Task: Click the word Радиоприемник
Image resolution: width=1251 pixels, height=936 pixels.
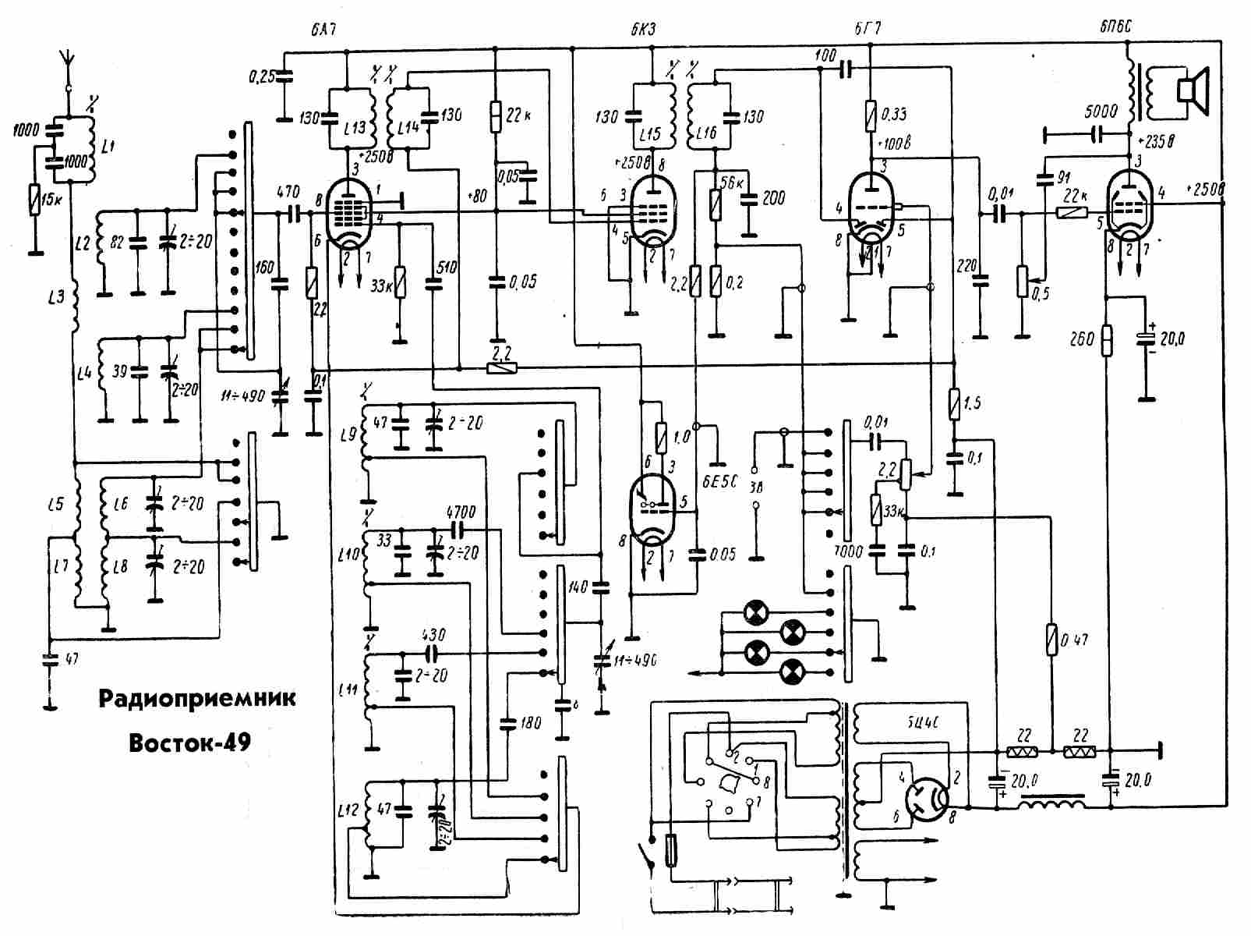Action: pyautogui.click(x=197, y=697)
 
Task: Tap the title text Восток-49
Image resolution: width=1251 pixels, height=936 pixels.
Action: pyautogui.click(x=189, y=742)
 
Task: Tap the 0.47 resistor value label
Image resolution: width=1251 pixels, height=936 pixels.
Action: pyautogui.click(x=1076, y=640)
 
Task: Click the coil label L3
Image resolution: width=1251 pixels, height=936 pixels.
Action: pyautogui.click(x=55, y=297)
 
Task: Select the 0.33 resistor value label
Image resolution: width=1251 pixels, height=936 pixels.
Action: pyautogui.click(x=894, y=115)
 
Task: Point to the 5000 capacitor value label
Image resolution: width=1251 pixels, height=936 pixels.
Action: pyautogui.click(x=1101, y=112)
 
